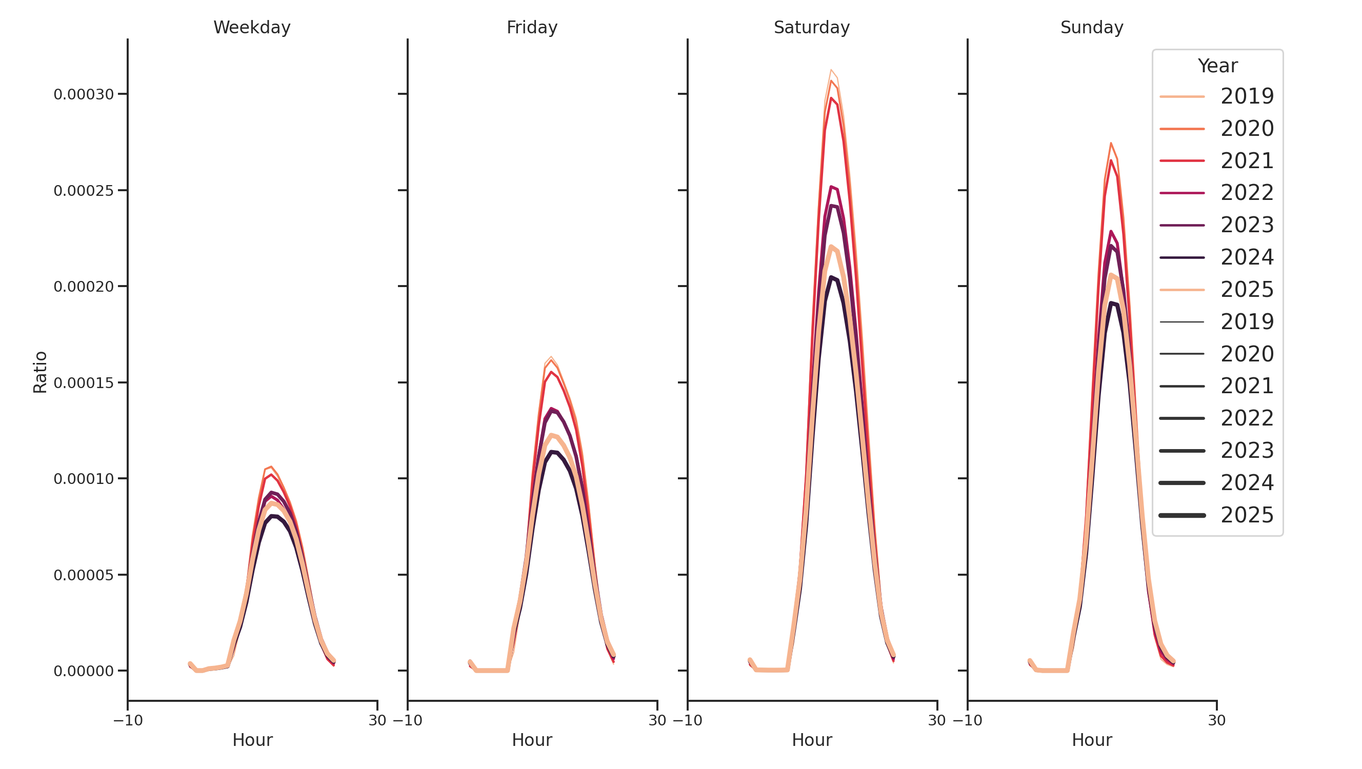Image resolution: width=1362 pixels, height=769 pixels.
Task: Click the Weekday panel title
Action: coord(252,28)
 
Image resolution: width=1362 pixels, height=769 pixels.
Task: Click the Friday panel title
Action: coord(532,28)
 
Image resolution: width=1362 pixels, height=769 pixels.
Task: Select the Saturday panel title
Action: coord(812,28)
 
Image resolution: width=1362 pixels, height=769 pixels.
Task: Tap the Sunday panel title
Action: coord(1092,28)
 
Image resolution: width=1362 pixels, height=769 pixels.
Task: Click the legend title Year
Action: coord(1217,66)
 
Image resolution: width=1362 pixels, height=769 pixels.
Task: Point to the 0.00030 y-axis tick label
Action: coord(84,95)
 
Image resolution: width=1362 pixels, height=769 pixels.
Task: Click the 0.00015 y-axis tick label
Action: coord(84,383)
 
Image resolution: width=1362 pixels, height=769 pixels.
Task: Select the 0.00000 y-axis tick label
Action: coord(84,671)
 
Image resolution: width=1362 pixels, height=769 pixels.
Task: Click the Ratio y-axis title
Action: coord(40,372)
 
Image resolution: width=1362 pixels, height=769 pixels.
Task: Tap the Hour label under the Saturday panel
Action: coord(812,740)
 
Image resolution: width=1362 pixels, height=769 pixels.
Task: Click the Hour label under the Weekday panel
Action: coord(252,740)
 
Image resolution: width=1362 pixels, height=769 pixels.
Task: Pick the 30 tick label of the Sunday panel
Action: coord(1216,720)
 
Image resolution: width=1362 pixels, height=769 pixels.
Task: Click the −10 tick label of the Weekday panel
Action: coord(128,720)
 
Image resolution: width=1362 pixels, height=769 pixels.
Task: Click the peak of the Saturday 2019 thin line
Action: coord(831,70)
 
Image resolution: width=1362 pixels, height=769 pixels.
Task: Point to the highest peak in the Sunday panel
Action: coord(1111,143)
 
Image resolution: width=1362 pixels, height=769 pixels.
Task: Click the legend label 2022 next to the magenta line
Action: coord(1247,193)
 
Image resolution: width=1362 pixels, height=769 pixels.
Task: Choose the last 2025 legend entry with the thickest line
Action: coord(1247,515)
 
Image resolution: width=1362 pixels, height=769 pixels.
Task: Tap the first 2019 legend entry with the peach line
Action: coord(1247,96)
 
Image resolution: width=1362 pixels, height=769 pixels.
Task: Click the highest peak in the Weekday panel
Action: coord(271,467)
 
